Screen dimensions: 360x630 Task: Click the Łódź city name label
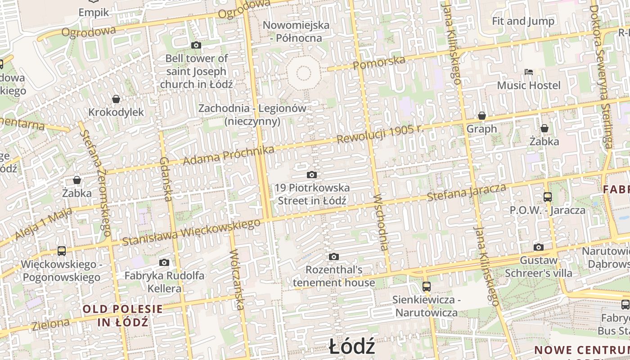point(352,347)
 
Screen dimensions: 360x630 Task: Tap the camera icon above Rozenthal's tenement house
point(333,256)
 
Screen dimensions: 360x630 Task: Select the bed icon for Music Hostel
point(529,72)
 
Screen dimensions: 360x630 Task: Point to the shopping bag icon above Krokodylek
point(116,99)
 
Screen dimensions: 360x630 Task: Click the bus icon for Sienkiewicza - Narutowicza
point(426,286)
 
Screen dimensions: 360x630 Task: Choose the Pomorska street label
point(379,63)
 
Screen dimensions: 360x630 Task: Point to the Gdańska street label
point(166,179)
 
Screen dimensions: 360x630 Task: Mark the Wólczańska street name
point(236,279)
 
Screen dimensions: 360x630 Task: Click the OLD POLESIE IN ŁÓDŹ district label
point(122,315)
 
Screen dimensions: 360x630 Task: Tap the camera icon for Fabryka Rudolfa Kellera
point(164,262)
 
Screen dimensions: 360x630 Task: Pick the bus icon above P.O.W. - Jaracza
point(547,197)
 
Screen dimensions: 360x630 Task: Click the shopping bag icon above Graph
point(481,116)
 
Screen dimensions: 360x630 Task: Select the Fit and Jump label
point(523,21)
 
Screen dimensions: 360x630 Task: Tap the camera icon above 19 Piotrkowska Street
point(311,175)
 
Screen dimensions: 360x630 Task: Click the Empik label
point(94,12)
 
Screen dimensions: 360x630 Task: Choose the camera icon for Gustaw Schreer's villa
point(538,247)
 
